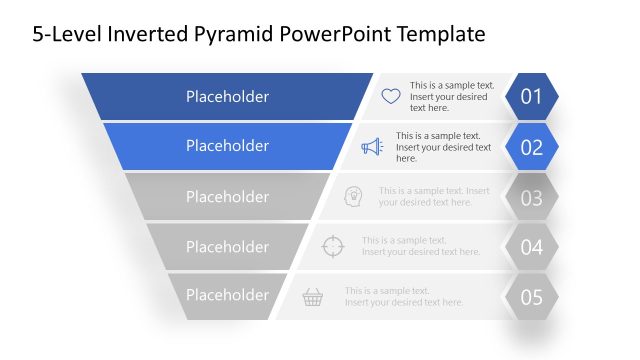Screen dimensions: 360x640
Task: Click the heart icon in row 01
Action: pyautogui.click(x=391, y=97)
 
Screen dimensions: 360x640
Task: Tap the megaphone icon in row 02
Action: pyautogui.click(x=372, y=147)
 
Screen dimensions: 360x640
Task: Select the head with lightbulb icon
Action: pyautogui.click(x=352, y=196)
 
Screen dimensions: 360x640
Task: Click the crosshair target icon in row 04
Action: pyautogui.click(x=333, y=246)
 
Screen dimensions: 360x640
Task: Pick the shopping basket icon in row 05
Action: pyautogui.click(x=313, y=296)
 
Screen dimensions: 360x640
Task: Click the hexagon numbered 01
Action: pyautogui.click(x=531, y=97)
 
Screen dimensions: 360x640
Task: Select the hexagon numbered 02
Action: pyautogui.click(x=531, y=147)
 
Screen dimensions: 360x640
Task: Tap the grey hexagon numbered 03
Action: pyautogui.click(x=531, y=197)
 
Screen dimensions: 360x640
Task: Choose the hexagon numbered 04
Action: pyautogui.click(x=531, y=247)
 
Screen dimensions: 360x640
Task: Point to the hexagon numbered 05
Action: pyautogui.click(x=531, y=297)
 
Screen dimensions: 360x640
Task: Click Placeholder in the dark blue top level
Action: pyautogui.click(x=227, y=97)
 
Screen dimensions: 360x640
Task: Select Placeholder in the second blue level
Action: pyautogui.click(x=227, y=146)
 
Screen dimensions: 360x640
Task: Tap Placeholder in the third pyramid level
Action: pyautogui.click(x=227, y=197)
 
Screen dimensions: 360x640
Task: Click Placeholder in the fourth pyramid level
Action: pyautogui.click(x=227, y=247)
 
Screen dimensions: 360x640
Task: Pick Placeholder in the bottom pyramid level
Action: pyautogui.click(x=227, y=295)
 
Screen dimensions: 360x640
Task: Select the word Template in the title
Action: pyautogui.click(x=441, y=35)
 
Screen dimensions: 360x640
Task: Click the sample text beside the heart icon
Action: pyautogui.click(x=451, y=97)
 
